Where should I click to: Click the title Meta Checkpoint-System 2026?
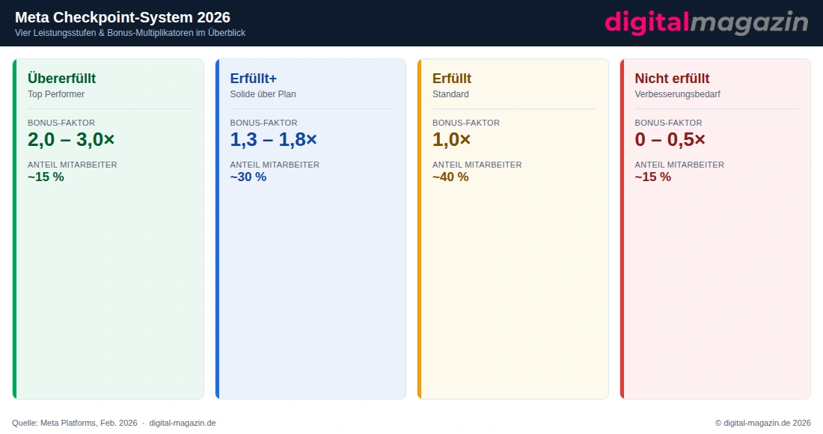tap(123, 17)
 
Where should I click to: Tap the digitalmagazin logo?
tap(706, 22)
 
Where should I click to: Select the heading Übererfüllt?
tap(61, 79)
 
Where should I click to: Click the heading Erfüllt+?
tap(254, 79)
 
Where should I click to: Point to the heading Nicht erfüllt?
tap(672, 79)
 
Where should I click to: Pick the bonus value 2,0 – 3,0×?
tap(71, 139)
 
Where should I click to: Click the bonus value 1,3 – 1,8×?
tap(274, 139)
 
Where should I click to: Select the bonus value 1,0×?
tap(452, 139)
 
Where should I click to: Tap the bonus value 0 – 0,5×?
tap(670, 139)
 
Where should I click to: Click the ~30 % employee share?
tap(248, 177)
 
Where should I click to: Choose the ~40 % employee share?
tap(450, 177)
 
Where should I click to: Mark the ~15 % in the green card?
tap(46, 177)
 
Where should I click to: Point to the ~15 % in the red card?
tap(653, 177)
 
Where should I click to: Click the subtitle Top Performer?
tap(56, 94)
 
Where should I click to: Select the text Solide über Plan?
tap(263, 94)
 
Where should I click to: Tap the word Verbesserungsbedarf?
tap(677, 94)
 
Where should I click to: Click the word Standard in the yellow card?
tap(450, 94)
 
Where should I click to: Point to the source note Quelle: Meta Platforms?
tap(75, 423)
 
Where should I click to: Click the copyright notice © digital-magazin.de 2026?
tap(763, 423)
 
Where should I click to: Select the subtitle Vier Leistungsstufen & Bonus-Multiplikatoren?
tap(130, 33)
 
